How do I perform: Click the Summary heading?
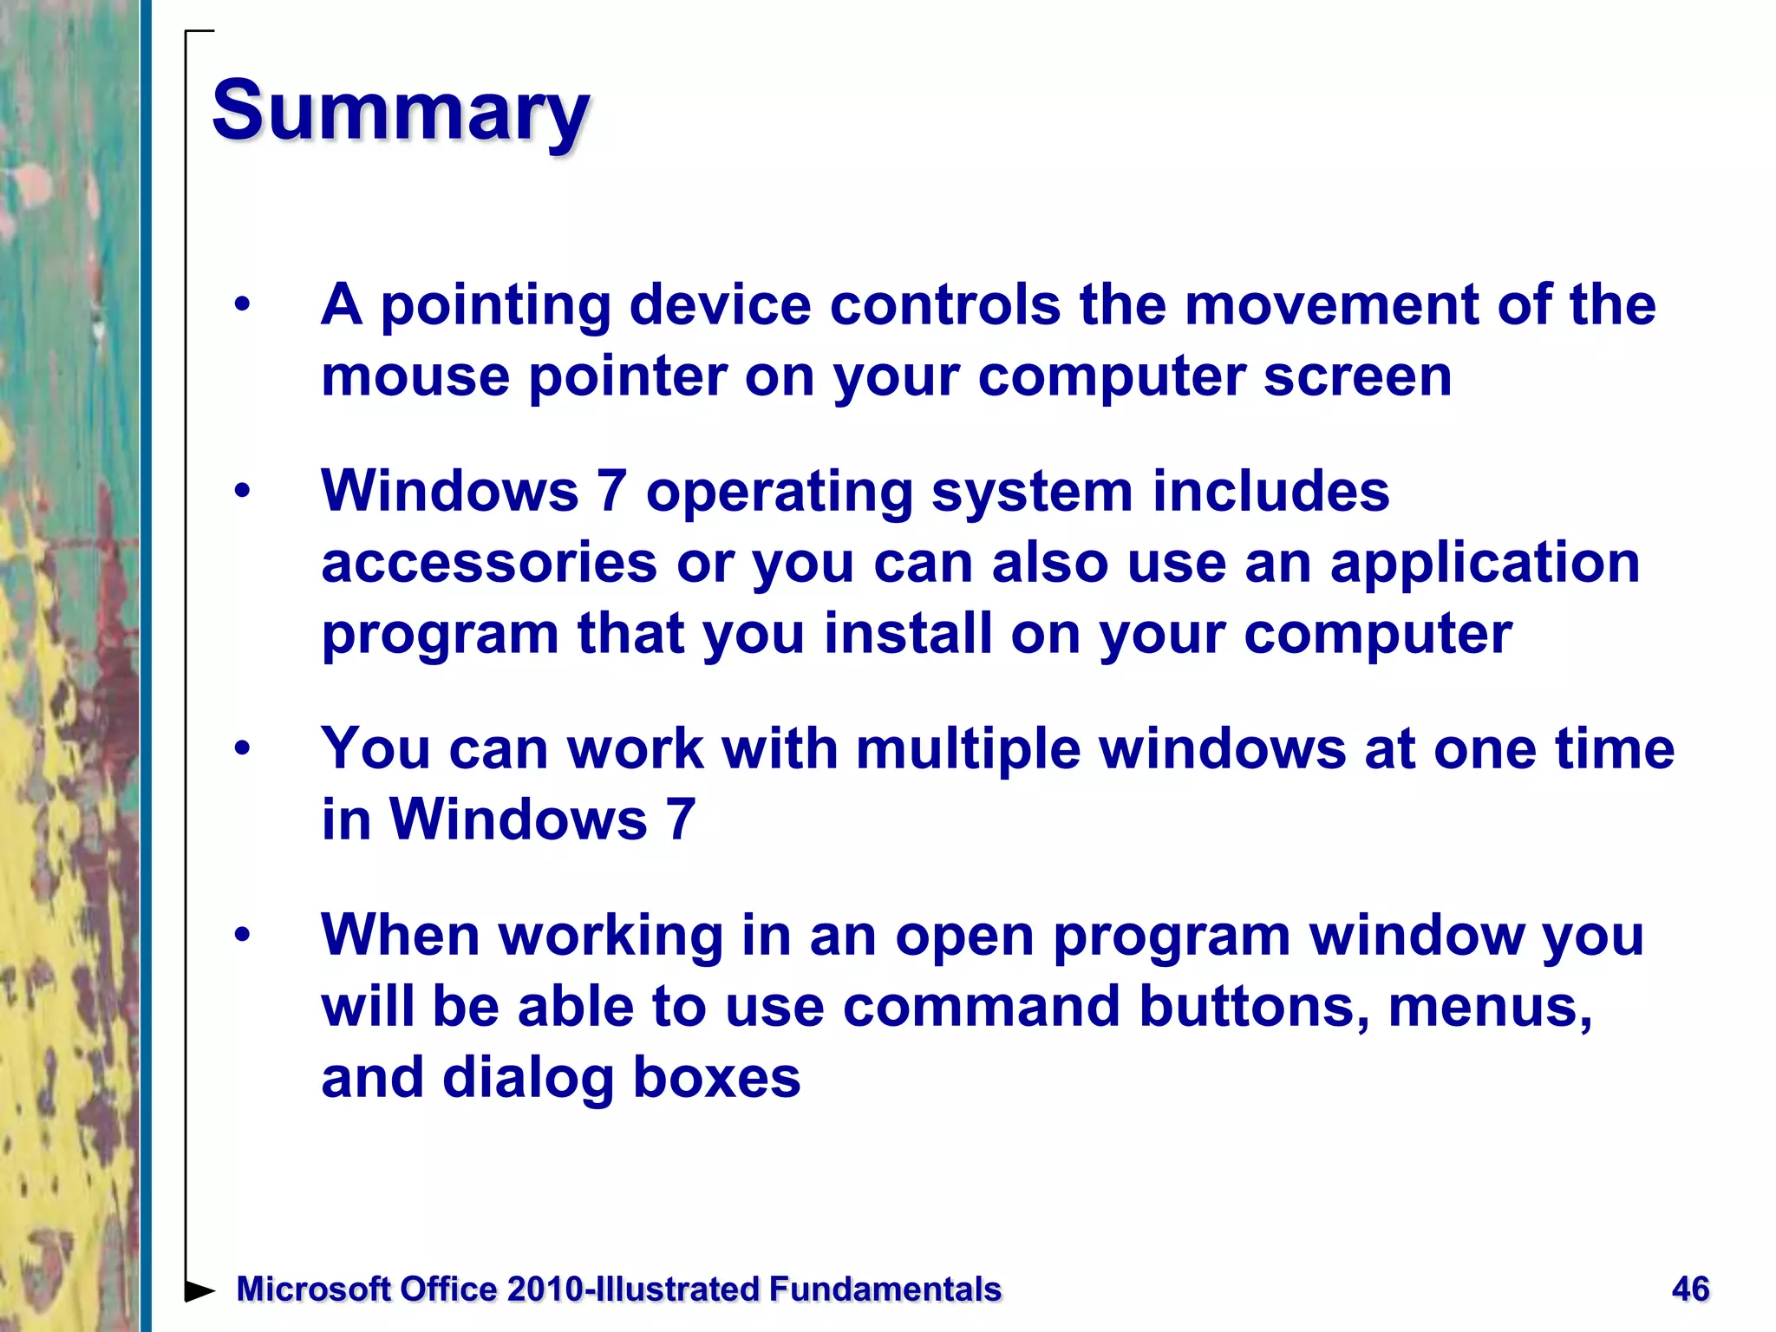point(401,111)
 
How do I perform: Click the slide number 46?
point(1690,1290)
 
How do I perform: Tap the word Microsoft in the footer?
point(313,1290)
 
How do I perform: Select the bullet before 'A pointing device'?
point(242,305)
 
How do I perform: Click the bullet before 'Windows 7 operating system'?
point(242,492)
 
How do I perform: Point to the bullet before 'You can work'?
point(242,748)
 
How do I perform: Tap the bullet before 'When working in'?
point(242,936)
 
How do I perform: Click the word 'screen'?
point(1357,377)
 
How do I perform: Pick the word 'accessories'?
point(489,564)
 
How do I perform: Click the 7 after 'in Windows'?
point(680,819)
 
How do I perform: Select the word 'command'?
point(981,1007)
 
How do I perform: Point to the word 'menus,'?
point(1489,1009)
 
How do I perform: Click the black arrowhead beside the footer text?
point(199,1290)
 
